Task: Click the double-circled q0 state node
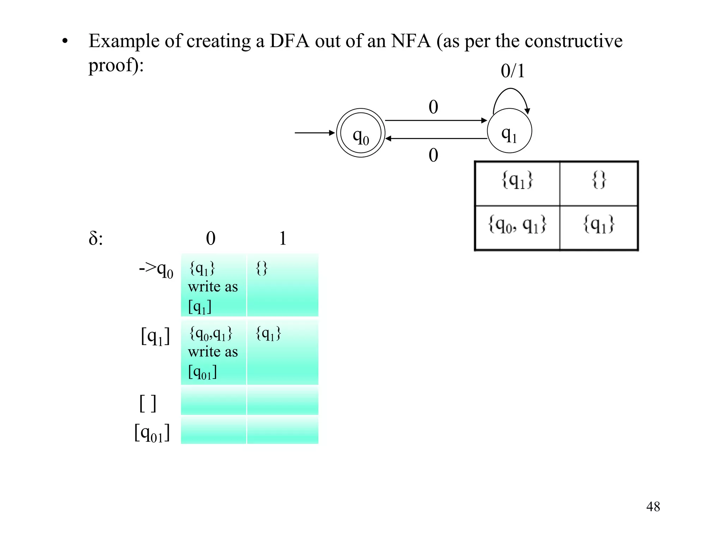click(x=360, y=133)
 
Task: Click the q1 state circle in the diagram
click(x=509, y=131)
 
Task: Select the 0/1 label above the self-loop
click(x=512, y=71)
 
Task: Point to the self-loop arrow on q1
click(x=511, y=92)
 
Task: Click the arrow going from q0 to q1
click(x=436, y=120)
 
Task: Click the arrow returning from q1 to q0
click(x=436, y=139)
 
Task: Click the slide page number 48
click(x=653, y=507)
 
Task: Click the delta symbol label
click(x=96, y=239)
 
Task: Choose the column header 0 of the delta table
click(x=210, y=239)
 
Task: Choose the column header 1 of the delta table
click(x=283, y=239)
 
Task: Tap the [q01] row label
click(x=152, y=433)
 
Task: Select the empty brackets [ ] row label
click(x=148, y=403)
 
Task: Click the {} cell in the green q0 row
click(x=282, y=284)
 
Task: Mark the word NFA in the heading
click(x=411, y=41)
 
